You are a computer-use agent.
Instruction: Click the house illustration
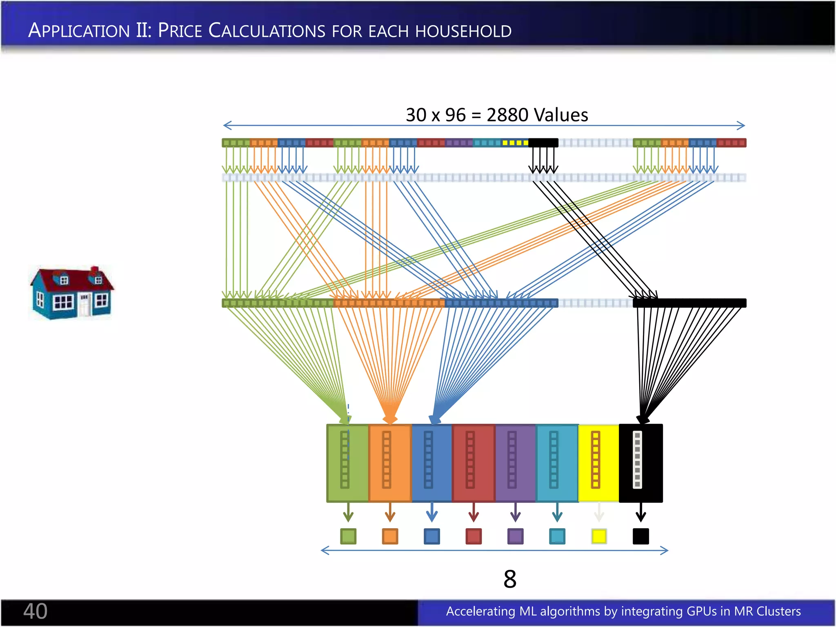coord(72,293)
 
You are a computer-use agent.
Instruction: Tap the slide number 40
coord(35,611)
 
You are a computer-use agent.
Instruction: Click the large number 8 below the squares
coord(510,579)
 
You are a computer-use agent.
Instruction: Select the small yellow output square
coord(599,536)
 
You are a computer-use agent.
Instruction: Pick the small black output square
coord(640,536)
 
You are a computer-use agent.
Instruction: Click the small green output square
coord(348,536)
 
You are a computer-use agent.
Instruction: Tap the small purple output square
coord(515,536)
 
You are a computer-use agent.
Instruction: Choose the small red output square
coord(474,536)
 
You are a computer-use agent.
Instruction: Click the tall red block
coord(474,463)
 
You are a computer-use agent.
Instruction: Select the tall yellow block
coord(599,463)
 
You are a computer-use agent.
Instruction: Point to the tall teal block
coord(557,463)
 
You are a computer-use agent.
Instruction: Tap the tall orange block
coord(390,463)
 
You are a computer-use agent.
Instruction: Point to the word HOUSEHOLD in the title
coord(463,31)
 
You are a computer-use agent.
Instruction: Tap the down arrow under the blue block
coord(432,513)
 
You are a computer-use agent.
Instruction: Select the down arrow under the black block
coord(640,513)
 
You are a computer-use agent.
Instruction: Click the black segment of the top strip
coord(543,143)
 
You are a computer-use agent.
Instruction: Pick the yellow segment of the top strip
coord(515,143)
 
